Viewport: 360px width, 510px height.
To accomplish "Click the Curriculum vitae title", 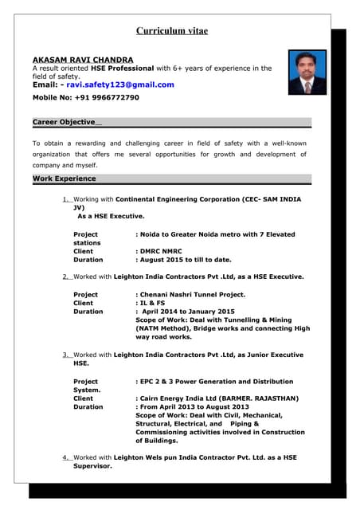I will point(172,31).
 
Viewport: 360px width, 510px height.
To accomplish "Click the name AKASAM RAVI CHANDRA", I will point(83,60).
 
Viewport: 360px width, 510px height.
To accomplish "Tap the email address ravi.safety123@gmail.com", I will point(120,84).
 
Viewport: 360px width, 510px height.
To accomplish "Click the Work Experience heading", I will point(64,178).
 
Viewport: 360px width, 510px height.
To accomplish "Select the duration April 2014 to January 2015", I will point(189,312).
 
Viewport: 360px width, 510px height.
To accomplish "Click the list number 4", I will point(65,457).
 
